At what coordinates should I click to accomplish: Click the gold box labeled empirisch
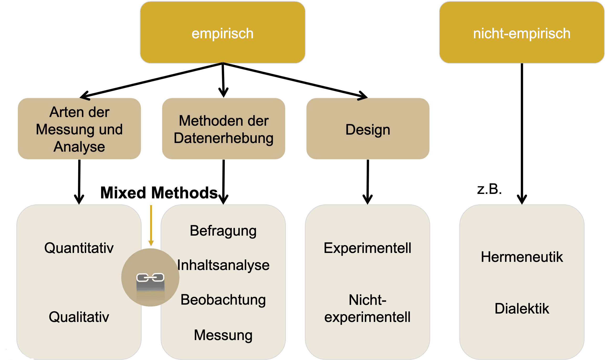coord(223,33)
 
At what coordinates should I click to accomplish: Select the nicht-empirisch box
coord(522,33)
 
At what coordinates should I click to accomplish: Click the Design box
coord(368,129)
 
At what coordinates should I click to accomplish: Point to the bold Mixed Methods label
coord(159,193)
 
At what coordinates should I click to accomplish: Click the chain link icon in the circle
coord(150,277)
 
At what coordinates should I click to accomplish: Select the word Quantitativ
coord(79,248)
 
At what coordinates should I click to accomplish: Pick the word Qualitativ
coord(79,317)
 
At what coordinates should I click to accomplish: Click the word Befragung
coord(223,231)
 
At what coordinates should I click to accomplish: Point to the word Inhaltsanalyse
coord(223,265)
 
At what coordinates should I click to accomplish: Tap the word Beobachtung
coord(223,300)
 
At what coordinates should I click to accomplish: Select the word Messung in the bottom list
coord(223,335)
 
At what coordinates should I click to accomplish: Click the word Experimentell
coord(367,248)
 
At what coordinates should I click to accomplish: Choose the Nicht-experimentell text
coord(367,308)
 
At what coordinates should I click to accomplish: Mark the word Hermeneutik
coord(522,257)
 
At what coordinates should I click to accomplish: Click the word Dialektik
coord(522,308)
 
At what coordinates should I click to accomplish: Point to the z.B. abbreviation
coord(490,189)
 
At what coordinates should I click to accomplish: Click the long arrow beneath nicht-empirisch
coord(522,131)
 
